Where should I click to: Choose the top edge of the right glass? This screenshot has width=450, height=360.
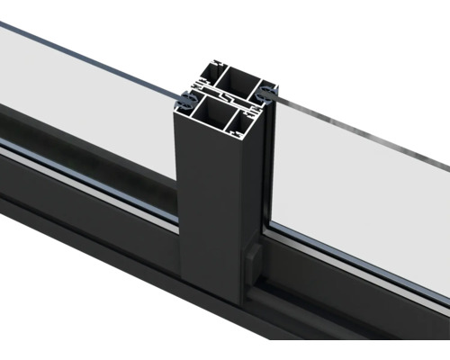(360, 126)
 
